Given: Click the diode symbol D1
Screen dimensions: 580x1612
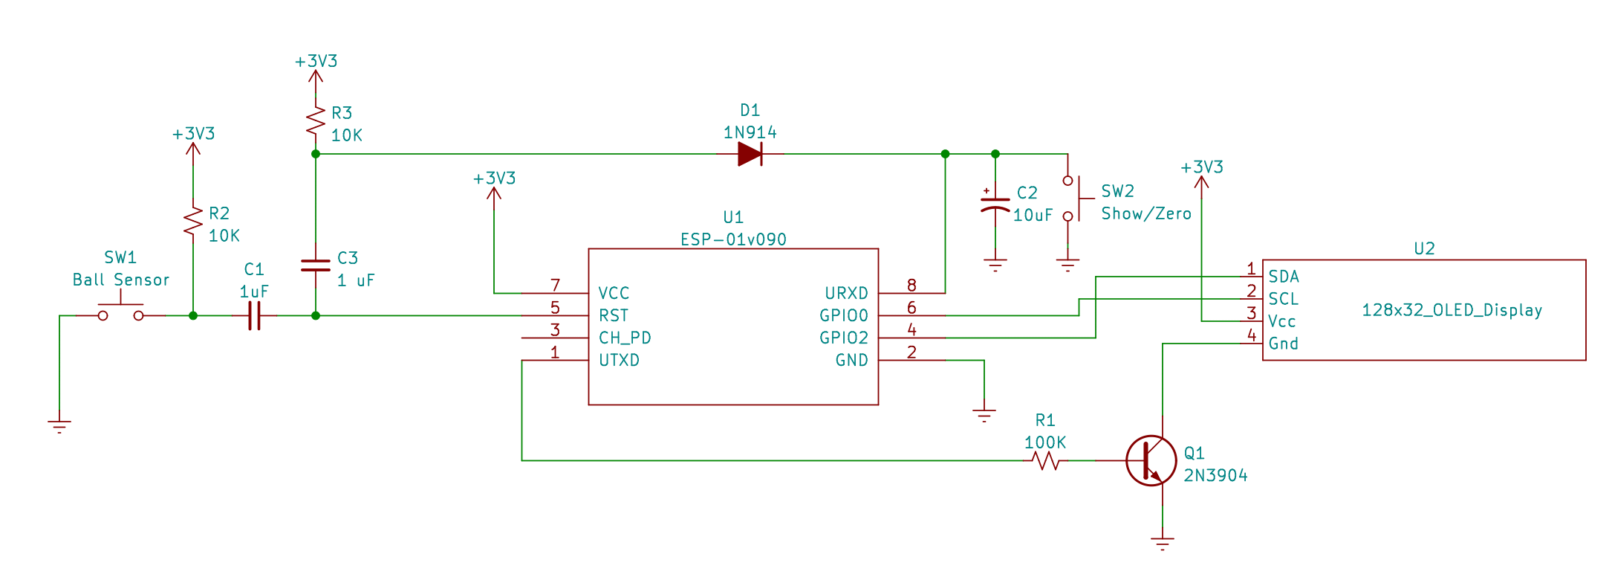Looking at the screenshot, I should click(x=750, y=155).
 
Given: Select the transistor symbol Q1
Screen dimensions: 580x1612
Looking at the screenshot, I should click(x=1151, y=461).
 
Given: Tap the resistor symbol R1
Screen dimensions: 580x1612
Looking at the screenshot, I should click(x=1046, y=461).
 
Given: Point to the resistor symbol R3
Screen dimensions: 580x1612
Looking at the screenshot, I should click(x=316, y=120).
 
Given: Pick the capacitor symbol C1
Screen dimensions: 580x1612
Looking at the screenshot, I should click(x=254, y=316).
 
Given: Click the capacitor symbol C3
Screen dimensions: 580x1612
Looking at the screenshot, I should click(x=316, y=265).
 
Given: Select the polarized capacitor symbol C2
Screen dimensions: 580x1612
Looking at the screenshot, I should click(x=995, y=204).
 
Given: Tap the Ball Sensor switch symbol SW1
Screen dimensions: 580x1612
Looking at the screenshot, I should click(x=121, y=312).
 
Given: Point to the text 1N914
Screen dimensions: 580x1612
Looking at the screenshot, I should click(x=750, y=133).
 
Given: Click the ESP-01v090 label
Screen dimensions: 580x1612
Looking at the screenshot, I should click(x=733, y=239).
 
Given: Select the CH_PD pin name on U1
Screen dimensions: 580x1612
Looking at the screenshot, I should click(x=625, y=338).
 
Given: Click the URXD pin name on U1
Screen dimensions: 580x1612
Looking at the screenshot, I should click(x=846, y=294).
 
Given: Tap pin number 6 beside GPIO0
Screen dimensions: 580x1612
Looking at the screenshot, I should click(x=911, y=307).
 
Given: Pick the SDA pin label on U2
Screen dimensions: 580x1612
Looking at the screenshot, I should click(x=1284, y=277).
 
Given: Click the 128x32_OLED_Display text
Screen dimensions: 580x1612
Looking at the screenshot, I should click(x=1452, y=310).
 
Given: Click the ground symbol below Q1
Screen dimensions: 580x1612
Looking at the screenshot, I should click(x=1163, y=542).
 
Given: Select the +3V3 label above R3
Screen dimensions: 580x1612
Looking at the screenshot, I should click(x=316, y=61).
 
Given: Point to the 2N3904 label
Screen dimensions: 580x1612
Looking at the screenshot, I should click(x=1215, y=476).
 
